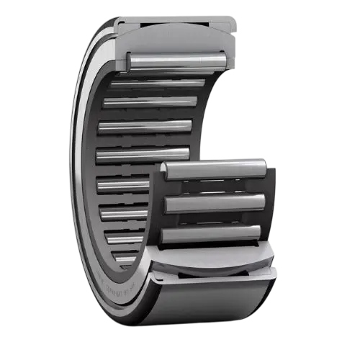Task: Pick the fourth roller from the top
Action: click(145, 127)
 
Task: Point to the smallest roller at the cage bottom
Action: click(126, 259)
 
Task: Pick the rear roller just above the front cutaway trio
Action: click(144, 153)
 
